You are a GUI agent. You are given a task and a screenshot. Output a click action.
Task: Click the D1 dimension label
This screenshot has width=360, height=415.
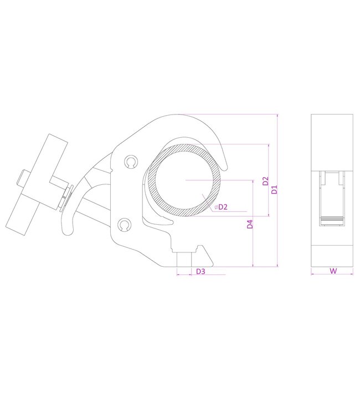click(x=275, y=189)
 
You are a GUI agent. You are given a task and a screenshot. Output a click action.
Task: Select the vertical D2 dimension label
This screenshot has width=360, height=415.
click(x=265, y=181)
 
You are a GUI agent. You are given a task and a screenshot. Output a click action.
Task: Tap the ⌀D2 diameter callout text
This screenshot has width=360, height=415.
click(x=221, y=207)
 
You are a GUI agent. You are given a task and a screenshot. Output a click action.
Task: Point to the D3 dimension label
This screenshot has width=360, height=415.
click(x=200, y=271)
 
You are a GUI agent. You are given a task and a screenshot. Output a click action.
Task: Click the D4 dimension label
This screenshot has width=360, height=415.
click(x=250, y=224)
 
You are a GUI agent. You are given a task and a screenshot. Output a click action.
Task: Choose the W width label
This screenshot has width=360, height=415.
click(x=333, y=271)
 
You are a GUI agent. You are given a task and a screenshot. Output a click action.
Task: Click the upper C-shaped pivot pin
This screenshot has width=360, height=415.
click(x=131, y=162)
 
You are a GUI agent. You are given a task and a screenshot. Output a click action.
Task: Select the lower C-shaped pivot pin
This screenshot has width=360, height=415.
click(x=124, y=225)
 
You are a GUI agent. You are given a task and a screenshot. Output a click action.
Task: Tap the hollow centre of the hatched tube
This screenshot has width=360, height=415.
click(x=184, y=180)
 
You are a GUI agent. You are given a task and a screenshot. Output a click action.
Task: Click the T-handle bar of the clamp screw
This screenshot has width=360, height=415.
click(x=37, y=185)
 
